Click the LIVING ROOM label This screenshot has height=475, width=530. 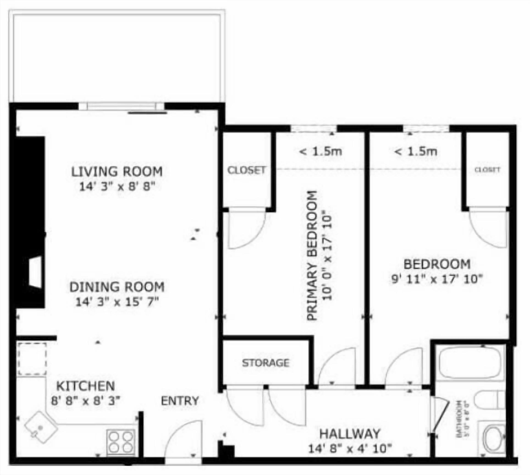pyautogui.click(x=117, y=171)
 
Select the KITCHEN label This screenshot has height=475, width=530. pyautogui.click(x=86, y=386)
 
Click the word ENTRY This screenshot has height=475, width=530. pyautogui.click(x=180, y=401)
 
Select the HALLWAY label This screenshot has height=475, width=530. pyautogui.click(x=350, y=434)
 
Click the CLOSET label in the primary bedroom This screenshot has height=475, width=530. pyautogui.click(x=246, y=170)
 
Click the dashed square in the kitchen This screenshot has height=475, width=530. pyautogui.click(x=32, y=359)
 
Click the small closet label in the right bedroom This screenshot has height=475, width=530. pyautogui.click(x=487, y=170)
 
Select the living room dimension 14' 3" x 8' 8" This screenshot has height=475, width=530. pyautogui.click(x=117, y=187)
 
